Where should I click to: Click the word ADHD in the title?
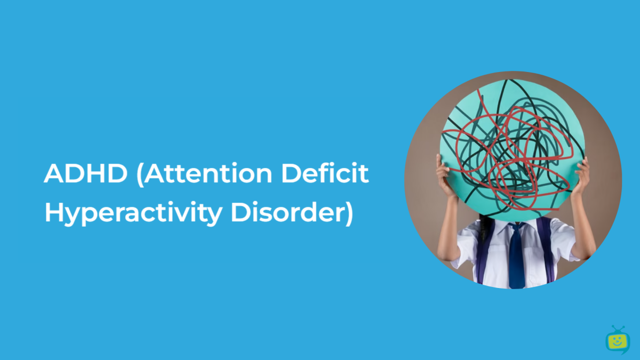tap(85, 173)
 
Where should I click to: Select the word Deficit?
tap(325, 173)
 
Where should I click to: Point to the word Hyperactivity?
tap(134, 213)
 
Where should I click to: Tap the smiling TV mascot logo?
tap(618, 340)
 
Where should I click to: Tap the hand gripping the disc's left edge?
tap(444, 175)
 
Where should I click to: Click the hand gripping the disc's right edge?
tap(582, 175)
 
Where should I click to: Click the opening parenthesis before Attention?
tap(140, 174)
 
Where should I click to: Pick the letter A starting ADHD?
tap(54, 173)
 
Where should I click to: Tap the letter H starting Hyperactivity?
tap(54, 212)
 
